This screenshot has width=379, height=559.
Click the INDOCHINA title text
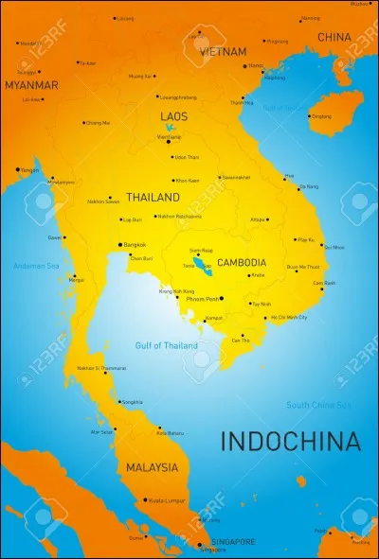point(291,441)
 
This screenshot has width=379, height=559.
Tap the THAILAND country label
point(153,198)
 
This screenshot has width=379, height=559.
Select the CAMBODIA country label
point(242,262)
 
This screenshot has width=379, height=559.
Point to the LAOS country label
point(174,116)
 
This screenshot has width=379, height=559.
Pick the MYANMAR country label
point(31,85)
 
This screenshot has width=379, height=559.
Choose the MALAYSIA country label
point(152,467)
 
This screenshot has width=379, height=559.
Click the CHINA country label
point(334,37)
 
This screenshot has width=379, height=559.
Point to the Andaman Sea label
point(36,266)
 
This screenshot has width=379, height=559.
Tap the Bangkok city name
point(135,244)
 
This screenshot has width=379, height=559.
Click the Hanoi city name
point(256,66)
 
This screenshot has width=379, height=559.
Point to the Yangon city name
point(30,169)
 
